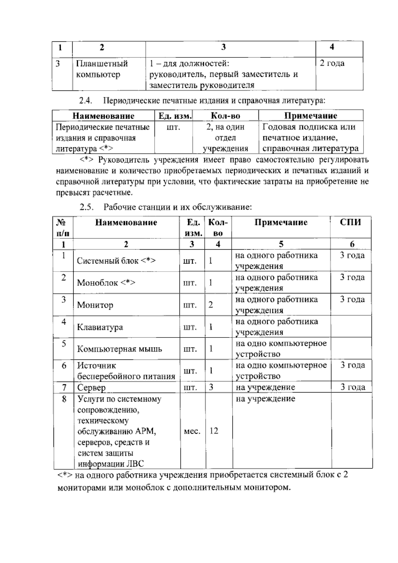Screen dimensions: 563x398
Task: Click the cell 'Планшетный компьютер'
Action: point(102,69)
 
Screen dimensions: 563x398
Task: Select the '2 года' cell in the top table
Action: point(332,63)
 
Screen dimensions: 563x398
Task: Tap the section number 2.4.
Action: point(85,101)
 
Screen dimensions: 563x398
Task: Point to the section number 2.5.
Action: point(86,208)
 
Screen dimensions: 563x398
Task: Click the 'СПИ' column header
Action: point(350,222)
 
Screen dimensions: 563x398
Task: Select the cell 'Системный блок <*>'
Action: point(116,261)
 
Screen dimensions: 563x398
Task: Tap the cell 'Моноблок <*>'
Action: point(106,283)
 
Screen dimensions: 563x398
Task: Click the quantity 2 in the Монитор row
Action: point(211,305)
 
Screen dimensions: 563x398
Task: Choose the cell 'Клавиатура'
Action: point(100,327)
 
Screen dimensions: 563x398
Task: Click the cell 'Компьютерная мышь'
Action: point(119,349)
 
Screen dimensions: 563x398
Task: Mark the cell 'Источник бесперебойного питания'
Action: point(126,371)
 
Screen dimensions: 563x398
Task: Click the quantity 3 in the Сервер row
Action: point(211,387)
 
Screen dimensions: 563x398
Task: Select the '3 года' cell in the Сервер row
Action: point(353,387)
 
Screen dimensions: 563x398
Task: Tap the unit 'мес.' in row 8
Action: point(192,431)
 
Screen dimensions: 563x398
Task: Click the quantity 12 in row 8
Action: point(214,431)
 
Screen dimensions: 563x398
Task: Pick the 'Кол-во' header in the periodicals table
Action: point(225,116)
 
